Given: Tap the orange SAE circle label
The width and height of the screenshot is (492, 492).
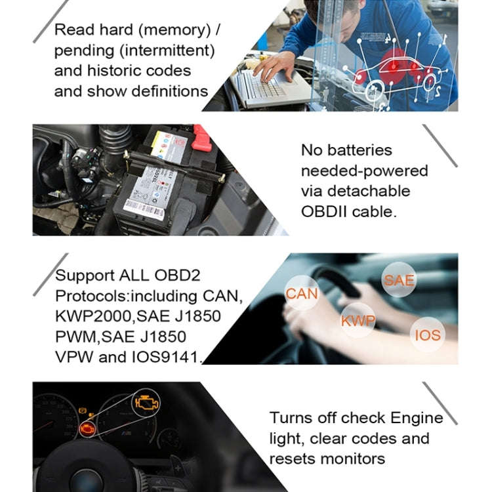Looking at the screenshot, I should coord(399,280).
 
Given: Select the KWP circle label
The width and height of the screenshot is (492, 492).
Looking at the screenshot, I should coord(358,321).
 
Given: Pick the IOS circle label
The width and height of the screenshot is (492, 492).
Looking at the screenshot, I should coord(427,336).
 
